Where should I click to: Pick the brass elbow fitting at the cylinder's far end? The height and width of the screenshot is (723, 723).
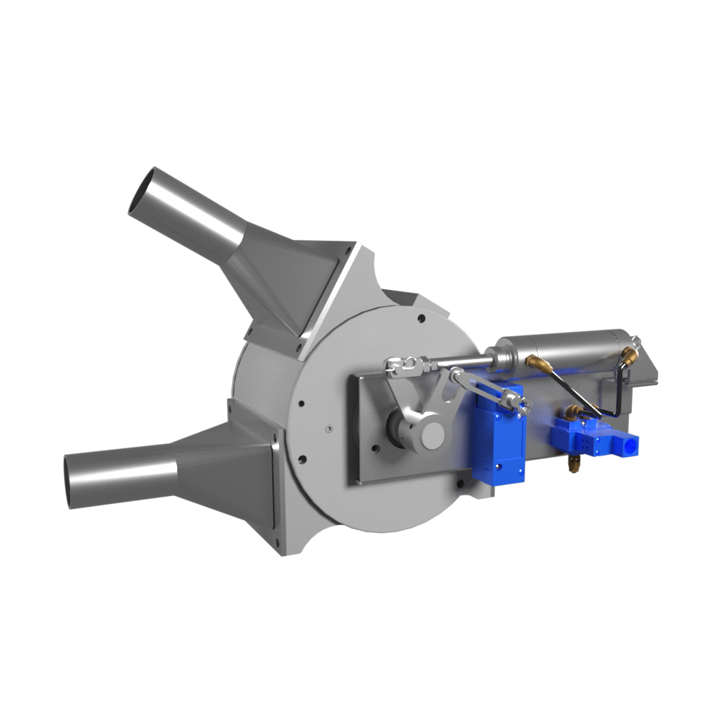click(630, 355)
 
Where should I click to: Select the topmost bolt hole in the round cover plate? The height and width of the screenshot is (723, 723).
click(421, 316)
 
